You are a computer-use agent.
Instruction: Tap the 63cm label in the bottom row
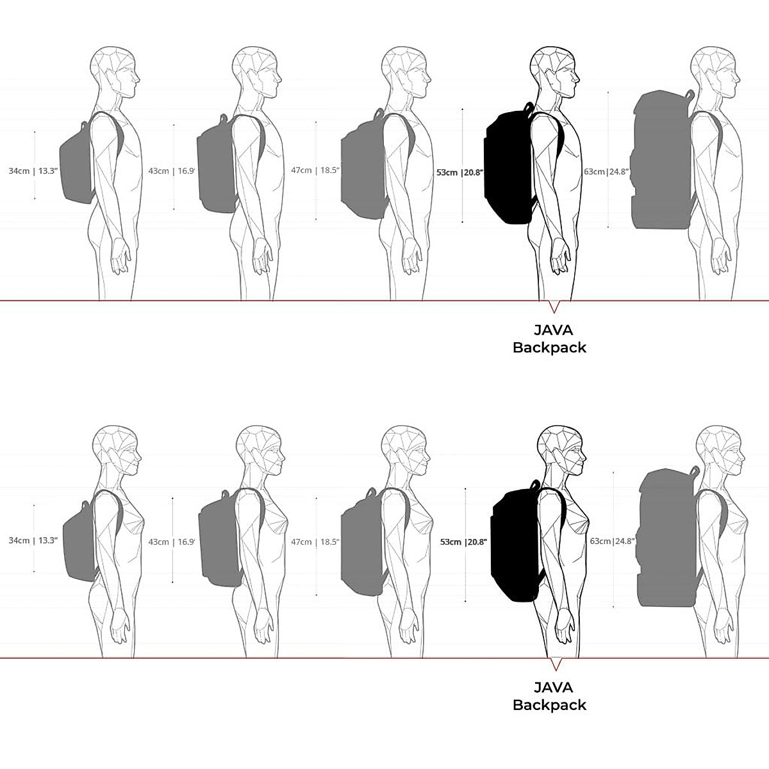600,541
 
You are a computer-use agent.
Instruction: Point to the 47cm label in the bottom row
301,542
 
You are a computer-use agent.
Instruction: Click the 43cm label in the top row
158,171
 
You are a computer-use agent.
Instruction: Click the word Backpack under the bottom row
549,705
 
